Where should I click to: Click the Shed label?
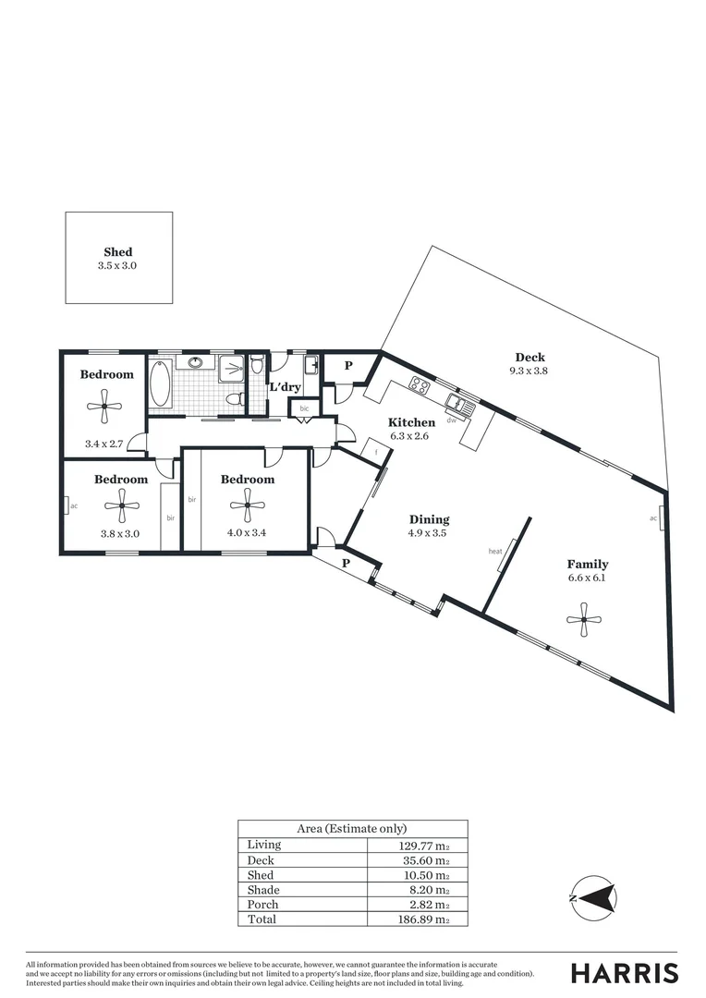pos(117,251)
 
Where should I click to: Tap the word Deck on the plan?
pos(529,358)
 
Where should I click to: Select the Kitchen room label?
pos(411,422)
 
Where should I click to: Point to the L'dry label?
pos(285,386)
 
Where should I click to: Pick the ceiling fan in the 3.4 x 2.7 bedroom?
pos(105,403)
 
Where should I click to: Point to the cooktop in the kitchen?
pos(420,385)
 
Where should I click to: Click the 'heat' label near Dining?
pos(494,552)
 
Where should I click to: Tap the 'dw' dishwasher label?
pos(452,420)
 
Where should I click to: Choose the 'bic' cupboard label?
pos(304,408)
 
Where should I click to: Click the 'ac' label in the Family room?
pos(653,518)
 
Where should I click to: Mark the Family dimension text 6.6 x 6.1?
pos(588,578)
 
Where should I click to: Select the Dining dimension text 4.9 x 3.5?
pos(428,533)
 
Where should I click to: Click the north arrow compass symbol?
pos(591,896)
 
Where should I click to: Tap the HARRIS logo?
pos(624,973)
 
